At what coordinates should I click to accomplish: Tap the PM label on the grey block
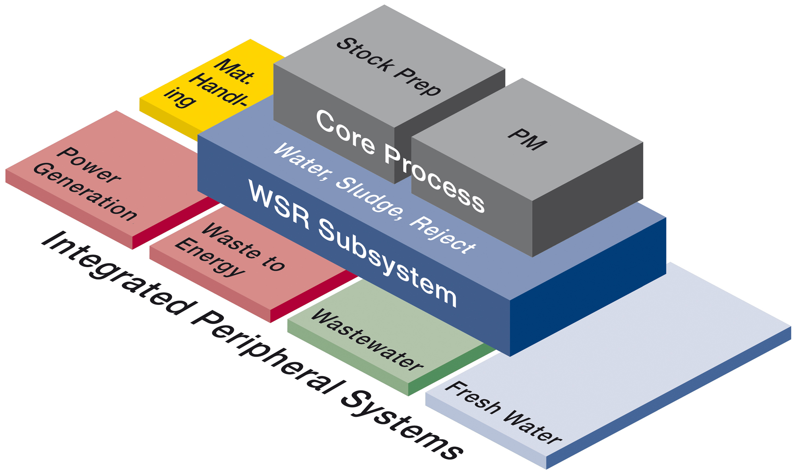click(527, 139)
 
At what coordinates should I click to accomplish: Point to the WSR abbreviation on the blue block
click(279, 204)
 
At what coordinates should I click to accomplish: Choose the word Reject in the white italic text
click(442, 235)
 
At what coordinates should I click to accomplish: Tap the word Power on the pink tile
click(89, 165)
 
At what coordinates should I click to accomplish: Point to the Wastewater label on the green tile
click(367, 340)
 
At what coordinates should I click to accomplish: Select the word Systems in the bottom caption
click(401, 425)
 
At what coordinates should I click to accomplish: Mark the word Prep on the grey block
click(417, 82)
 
